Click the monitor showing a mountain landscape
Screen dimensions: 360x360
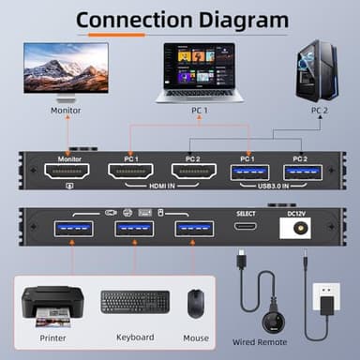[x=65, y=72]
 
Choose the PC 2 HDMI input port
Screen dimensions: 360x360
[x=194, y=173]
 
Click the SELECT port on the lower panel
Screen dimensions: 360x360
[x=246, y=227]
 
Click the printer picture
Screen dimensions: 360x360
[x=52, y=303]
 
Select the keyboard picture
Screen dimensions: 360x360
[x=135, y=303]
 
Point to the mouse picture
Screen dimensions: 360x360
[x=195, y=302]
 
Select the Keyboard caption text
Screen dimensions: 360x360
[x=135, y=337]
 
